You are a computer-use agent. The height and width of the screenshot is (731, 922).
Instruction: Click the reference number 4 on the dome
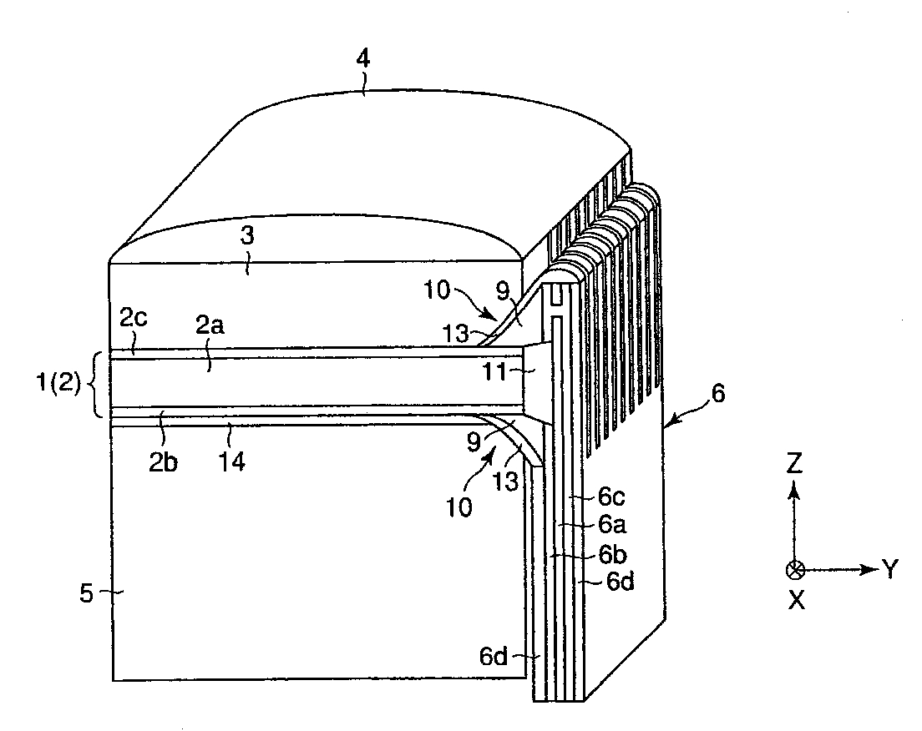(x=364, y=60)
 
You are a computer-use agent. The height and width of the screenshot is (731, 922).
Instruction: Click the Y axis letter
(x=890, y=570)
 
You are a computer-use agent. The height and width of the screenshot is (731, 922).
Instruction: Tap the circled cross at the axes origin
(x=795, y=570)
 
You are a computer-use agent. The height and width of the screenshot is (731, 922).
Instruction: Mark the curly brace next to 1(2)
(x=99, y=384)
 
